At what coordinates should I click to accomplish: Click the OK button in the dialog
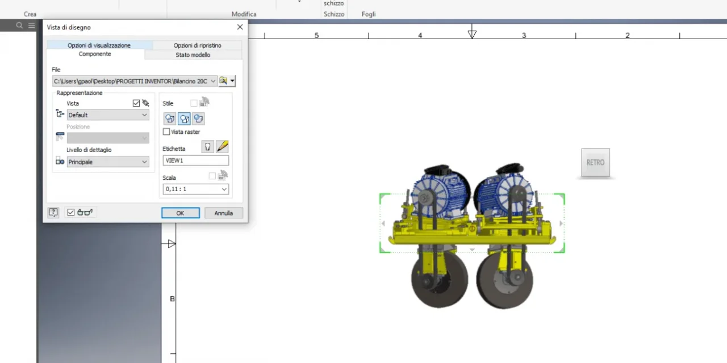point(181,213)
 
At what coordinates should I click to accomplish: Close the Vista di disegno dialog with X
point(240,27)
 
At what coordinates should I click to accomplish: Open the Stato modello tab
point(193,55)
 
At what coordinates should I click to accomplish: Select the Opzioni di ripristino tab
point(197,45)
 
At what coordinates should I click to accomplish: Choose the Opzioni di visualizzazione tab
point(99,45)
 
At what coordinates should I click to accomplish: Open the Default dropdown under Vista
point(108,115)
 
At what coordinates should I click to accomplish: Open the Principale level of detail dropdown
point(108,162)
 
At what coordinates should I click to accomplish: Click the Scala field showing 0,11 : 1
point(196,189)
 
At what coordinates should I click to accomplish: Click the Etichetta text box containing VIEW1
point(196,161)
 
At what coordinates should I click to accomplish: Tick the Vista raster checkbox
point(166,132)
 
